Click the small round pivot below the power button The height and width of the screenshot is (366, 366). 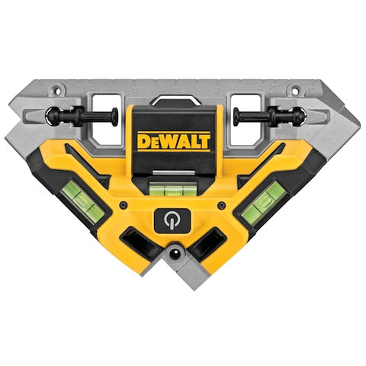[177, 252]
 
